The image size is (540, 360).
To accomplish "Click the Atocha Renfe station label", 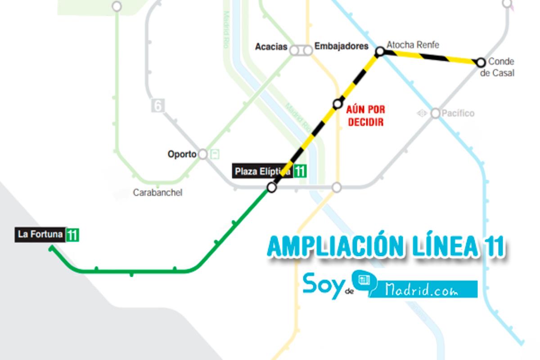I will coord(413,45).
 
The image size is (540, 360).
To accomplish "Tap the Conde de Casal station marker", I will coord(481,62).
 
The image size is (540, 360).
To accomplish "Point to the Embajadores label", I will coord(341,46).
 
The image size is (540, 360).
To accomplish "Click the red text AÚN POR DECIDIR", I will coord(366,116).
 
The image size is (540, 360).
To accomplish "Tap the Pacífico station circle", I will coord(435,113).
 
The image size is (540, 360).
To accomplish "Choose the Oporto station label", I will coord(182,154).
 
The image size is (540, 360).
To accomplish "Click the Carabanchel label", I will coord(157,193).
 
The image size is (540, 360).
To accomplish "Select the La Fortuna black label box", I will coord(40,234).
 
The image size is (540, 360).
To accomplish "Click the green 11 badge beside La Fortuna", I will coord(72,235).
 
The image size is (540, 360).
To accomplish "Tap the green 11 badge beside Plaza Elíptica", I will coord(300,171).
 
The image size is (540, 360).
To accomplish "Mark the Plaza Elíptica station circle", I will coord(271,187).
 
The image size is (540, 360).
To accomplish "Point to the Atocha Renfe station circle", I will coord(380,52).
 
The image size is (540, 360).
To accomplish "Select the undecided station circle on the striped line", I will coord(337,104).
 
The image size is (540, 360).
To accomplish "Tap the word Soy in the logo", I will coord(323,285).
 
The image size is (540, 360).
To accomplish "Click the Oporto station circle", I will coord(203,154).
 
